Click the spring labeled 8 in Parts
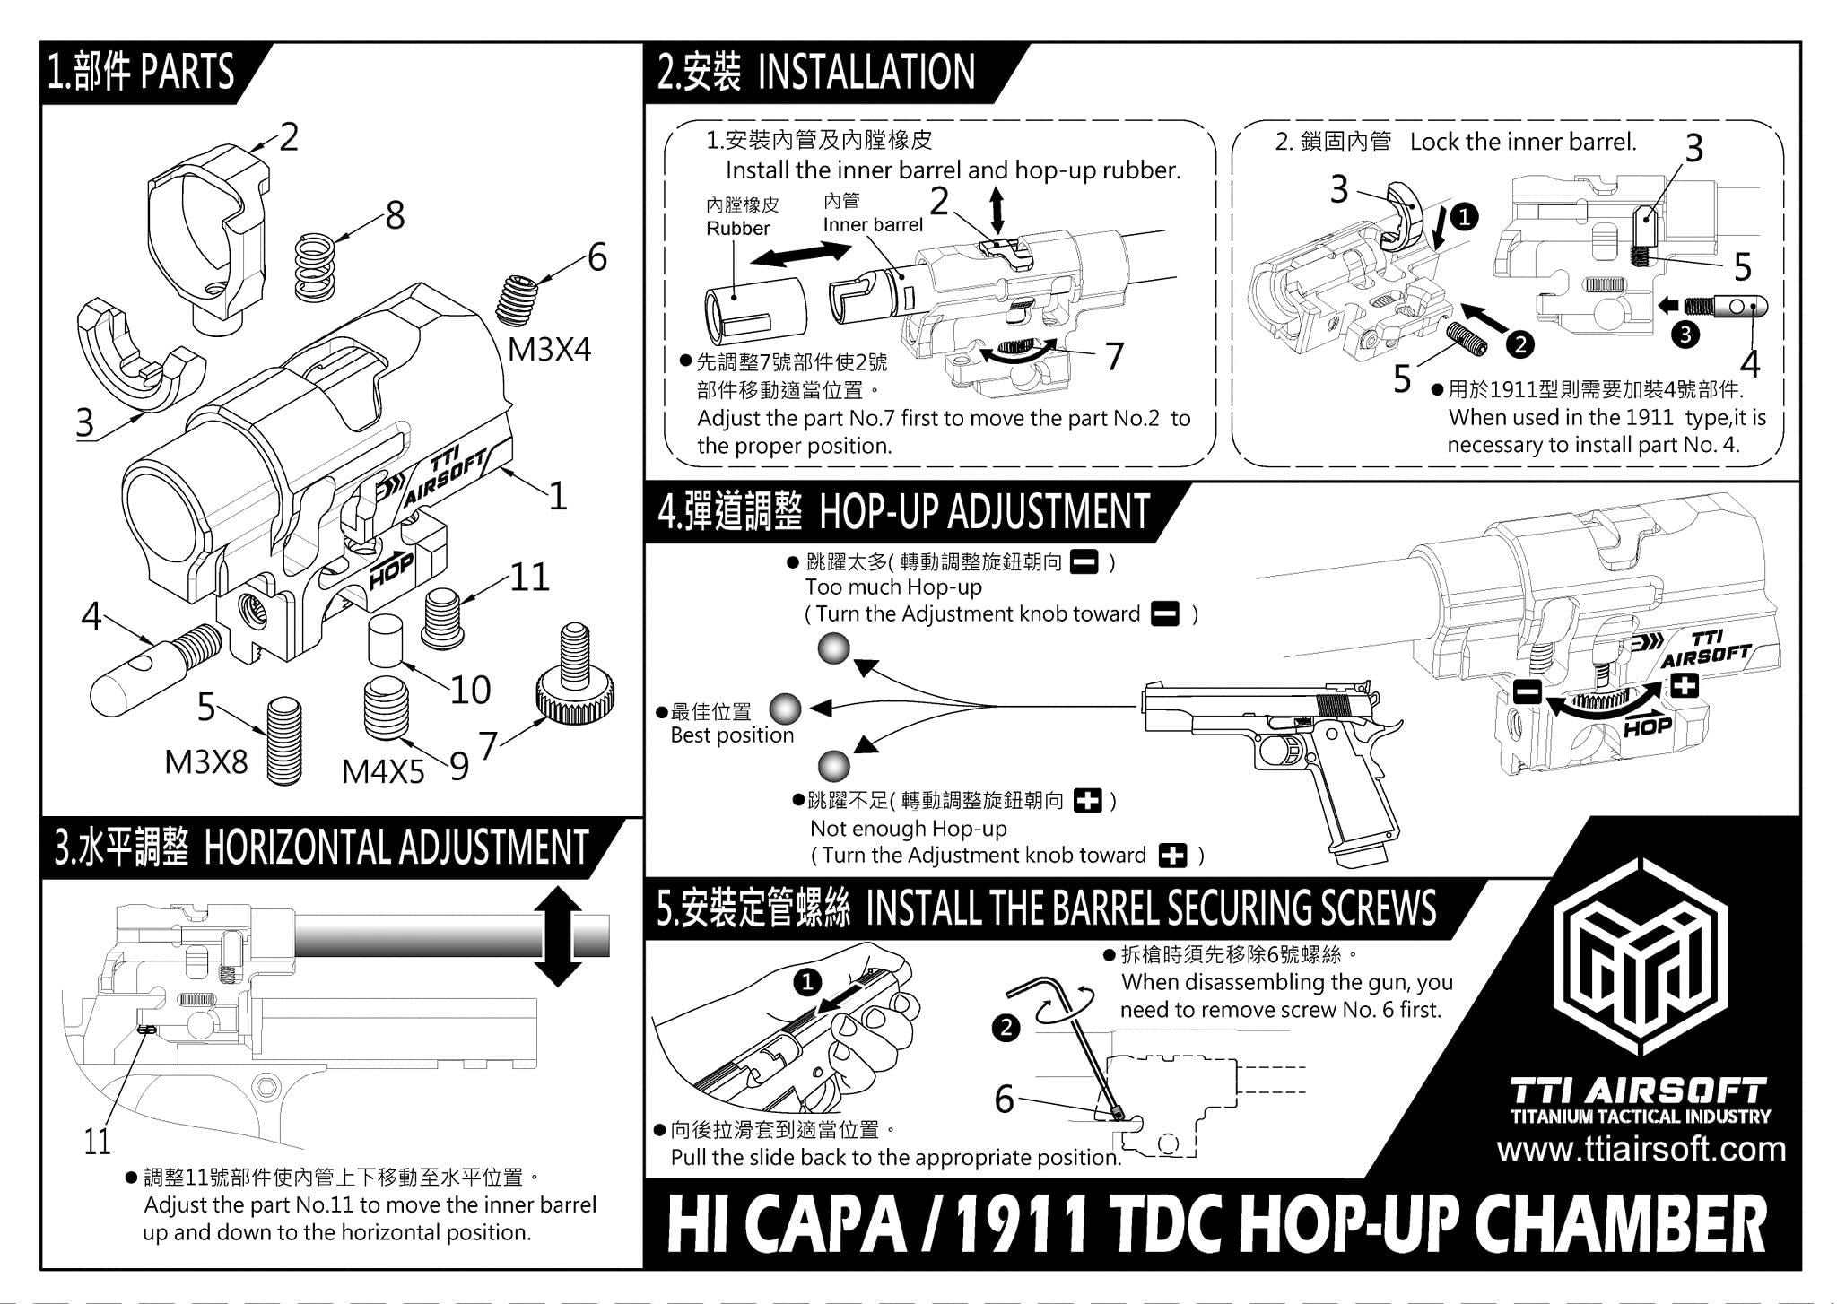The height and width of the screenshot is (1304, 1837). tap(316, 266)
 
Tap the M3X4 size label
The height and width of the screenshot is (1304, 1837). tap(549, 350)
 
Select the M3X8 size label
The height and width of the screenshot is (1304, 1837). tap(205, 762)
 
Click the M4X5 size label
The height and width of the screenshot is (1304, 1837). tap(382, 771)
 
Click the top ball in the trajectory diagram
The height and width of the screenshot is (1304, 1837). tap(833, 648)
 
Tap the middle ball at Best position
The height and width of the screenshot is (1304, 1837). tap(785, 709)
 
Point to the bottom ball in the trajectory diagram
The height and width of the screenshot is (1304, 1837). tap(833, 765)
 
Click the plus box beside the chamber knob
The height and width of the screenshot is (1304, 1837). tap(1685, 687)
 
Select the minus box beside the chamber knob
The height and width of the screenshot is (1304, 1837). tap(1527, 691)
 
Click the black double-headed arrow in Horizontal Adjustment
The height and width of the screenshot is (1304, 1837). tap(557, 936)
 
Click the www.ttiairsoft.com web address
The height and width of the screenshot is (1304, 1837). tap(1641, 1149)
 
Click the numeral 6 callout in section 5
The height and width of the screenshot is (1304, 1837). tap(1004, 1099)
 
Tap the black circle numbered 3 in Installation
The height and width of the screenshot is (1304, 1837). tap(1686, 335)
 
